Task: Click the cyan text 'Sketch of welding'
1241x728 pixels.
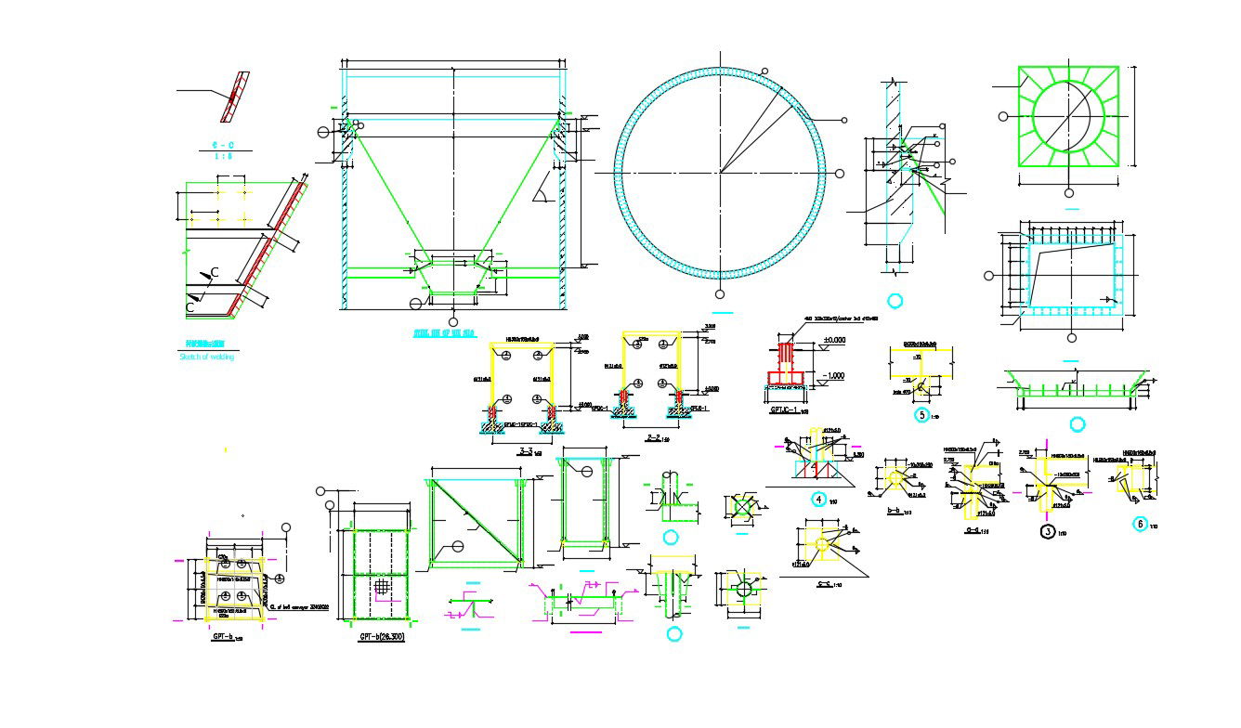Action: tap(206, 357)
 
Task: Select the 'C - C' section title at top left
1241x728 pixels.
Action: tap(222, 145)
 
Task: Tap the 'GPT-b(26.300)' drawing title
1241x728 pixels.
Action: tap(381, 637)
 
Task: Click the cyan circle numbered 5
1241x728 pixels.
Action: tap(921, 415)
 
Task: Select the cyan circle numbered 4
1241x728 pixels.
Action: tap(818, 499)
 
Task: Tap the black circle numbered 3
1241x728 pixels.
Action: tap(1048, 532)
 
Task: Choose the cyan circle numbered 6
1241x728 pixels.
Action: tap(1140, 524)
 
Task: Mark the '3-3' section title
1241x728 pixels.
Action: tap(525, 451)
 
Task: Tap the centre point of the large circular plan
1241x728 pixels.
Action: tap(720, 172)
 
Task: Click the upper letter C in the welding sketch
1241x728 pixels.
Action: tap(215, 272)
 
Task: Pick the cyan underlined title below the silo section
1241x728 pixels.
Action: tap(443, 331)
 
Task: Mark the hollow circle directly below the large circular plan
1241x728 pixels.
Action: tap(720, 294)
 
